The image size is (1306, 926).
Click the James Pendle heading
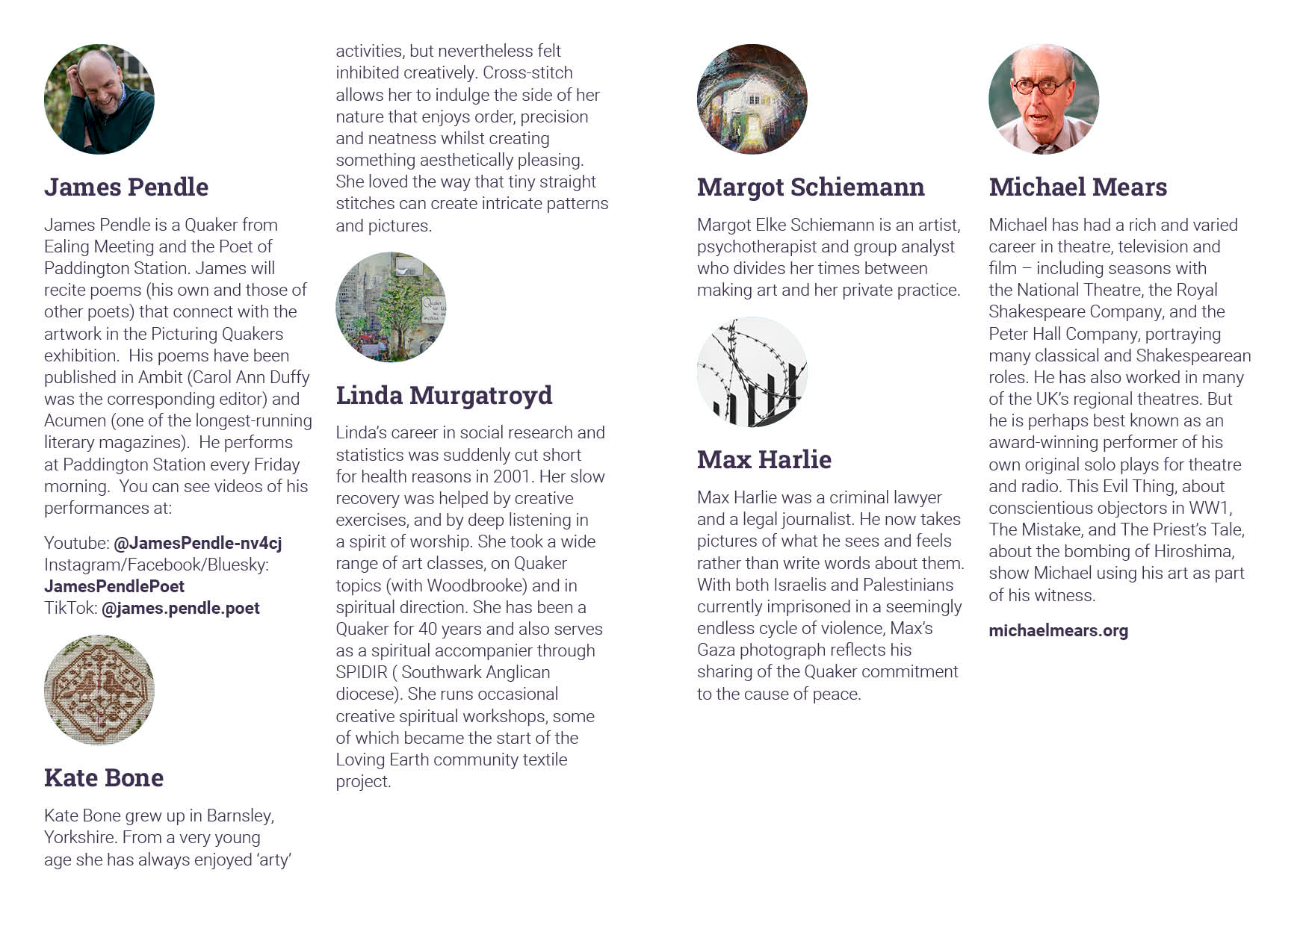126,187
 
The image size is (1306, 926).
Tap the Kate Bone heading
104,778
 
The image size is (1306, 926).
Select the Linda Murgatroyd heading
444,396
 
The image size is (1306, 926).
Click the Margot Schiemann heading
811,187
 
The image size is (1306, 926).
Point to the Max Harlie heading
764,460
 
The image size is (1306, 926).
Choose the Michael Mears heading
1077,187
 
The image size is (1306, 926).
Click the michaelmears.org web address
1058,631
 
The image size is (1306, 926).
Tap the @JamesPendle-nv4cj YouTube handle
198,544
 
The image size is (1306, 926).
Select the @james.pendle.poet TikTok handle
181,609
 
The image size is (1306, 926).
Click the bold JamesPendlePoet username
114,587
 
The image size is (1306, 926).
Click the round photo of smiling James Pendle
99,99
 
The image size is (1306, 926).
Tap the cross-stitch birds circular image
99,690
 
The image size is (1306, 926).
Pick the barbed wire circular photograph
752,372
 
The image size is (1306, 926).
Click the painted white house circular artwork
752,99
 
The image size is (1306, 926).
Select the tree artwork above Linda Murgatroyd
391,307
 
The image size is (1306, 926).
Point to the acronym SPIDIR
362,673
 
